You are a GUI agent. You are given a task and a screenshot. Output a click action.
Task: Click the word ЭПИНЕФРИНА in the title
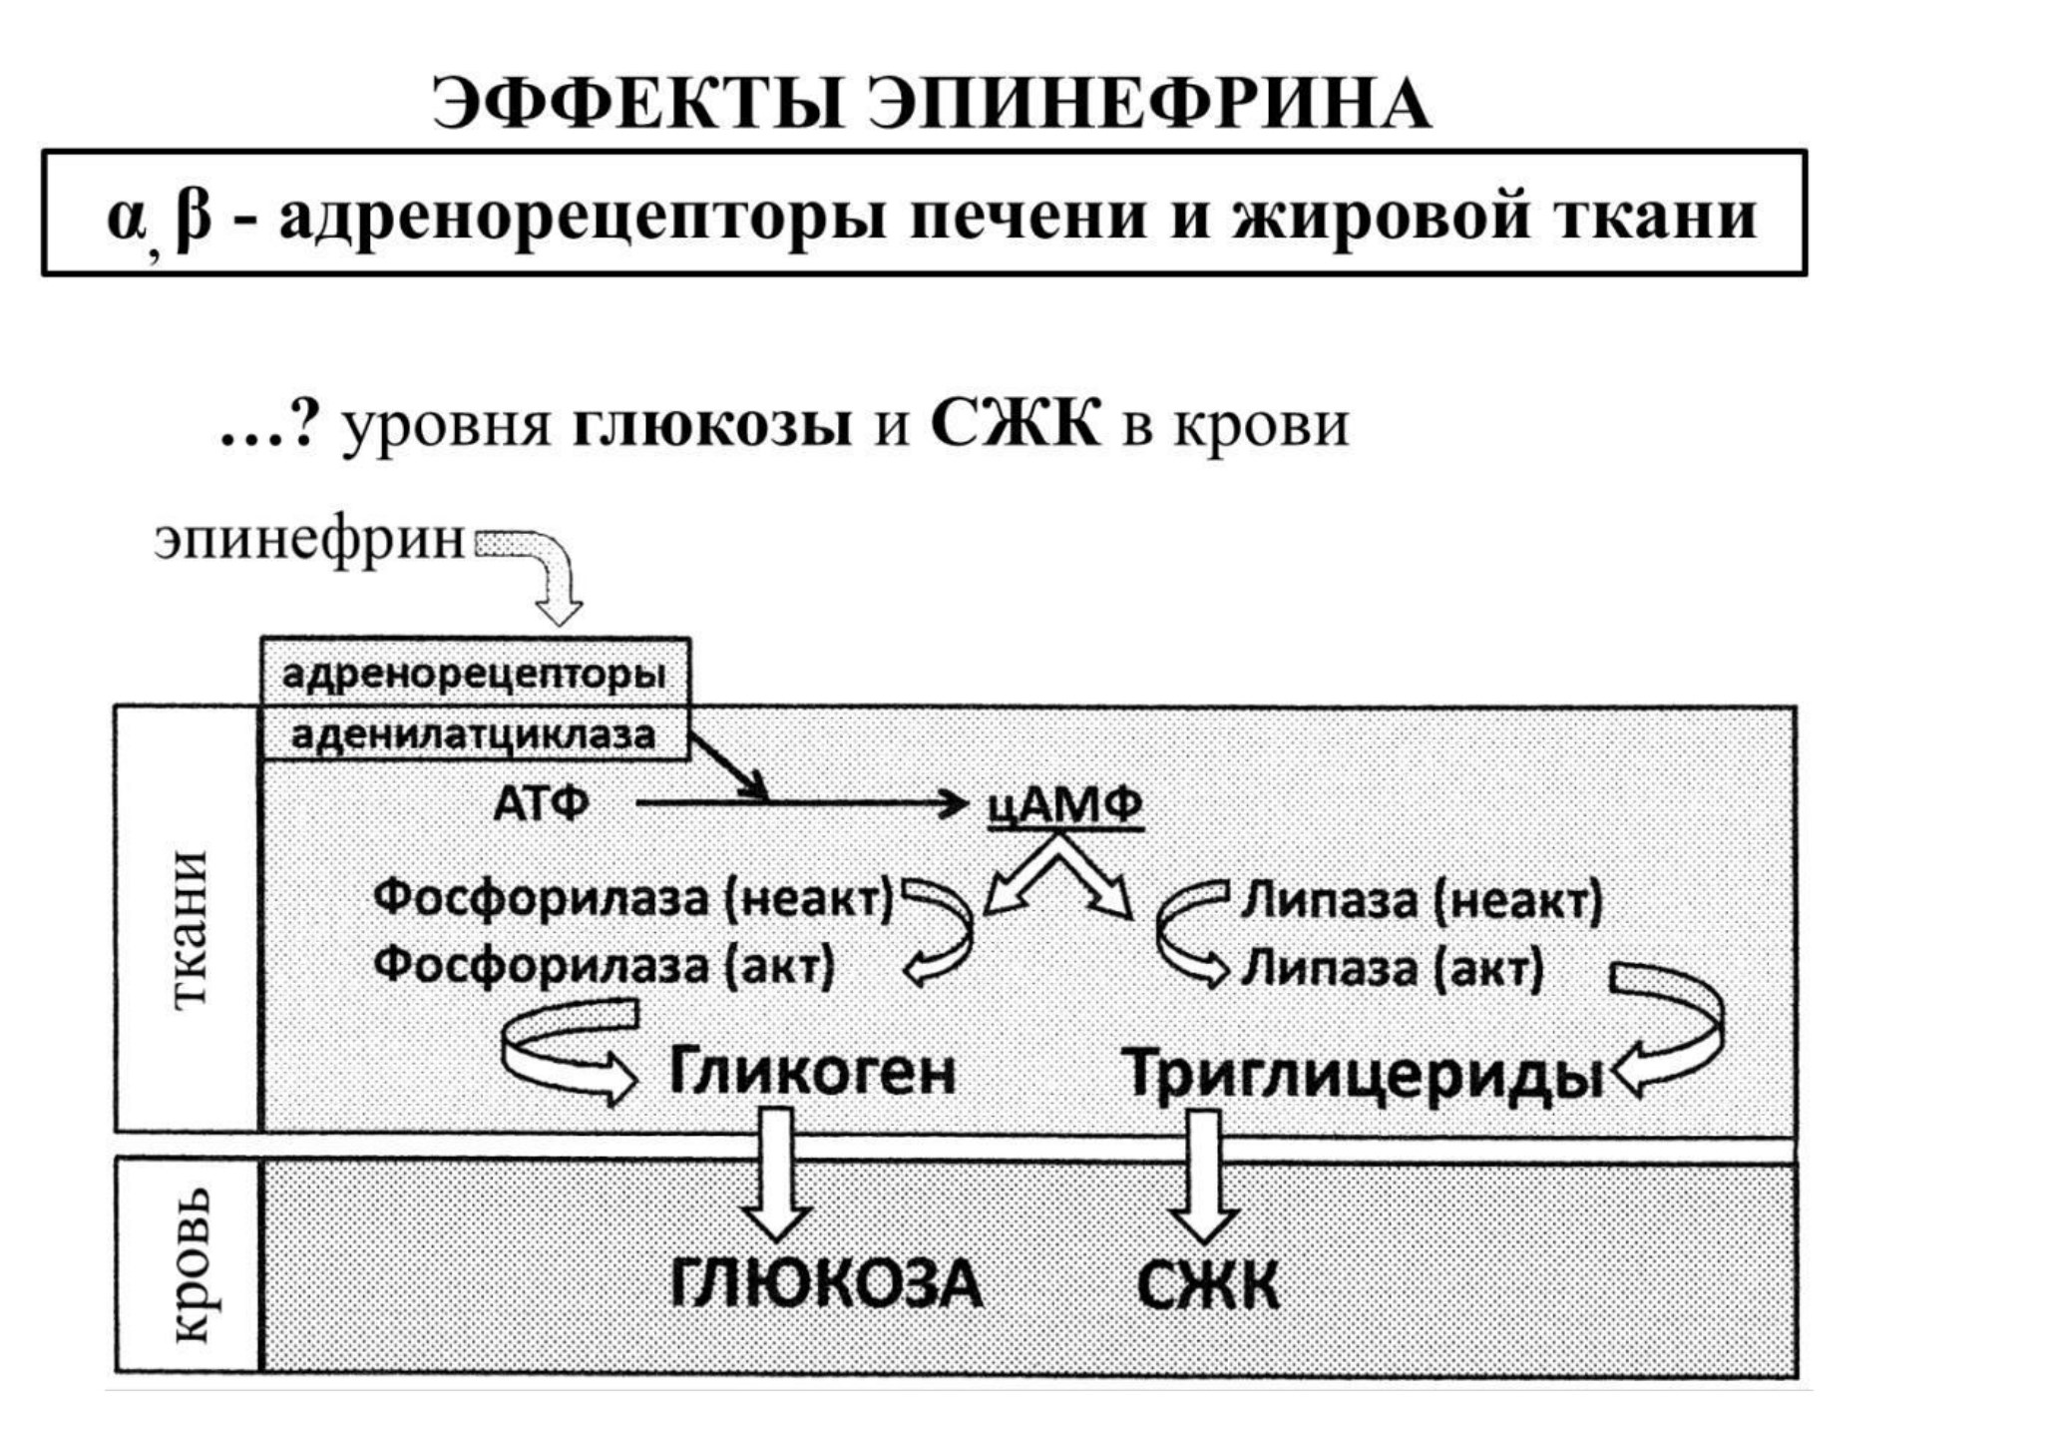click(x=1148, y=104)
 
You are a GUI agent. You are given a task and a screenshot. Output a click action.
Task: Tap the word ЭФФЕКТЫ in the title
click(x=638, y=104)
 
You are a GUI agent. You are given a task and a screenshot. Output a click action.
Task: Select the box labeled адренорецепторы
click(x=475, y=672)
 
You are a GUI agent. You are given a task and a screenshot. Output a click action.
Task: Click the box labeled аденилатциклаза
click(x=475, y=734)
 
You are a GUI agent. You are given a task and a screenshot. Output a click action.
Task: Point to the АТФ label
click(x=541, y=802)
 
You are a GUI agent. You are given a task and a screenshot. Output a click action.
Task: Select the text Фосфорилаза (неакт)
click(x=633, y=898)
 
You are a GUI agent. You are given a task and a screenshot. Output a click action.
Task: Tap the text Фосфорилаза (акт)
click(x=604, y=965)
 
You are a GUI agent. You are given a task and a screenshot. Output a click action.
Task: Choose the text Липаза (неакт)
click(x=1421, y=900)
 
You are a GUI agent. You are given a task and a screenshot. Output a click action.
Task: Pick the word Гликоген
click(x=811, y=1073)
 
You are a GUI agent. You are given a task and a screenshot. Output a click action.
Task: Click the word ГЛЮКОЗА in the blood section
click(x=825, y=1283)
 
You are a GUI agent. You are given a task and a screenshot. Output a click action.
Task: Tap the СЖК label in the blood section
click(x=1207, y=1283)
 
